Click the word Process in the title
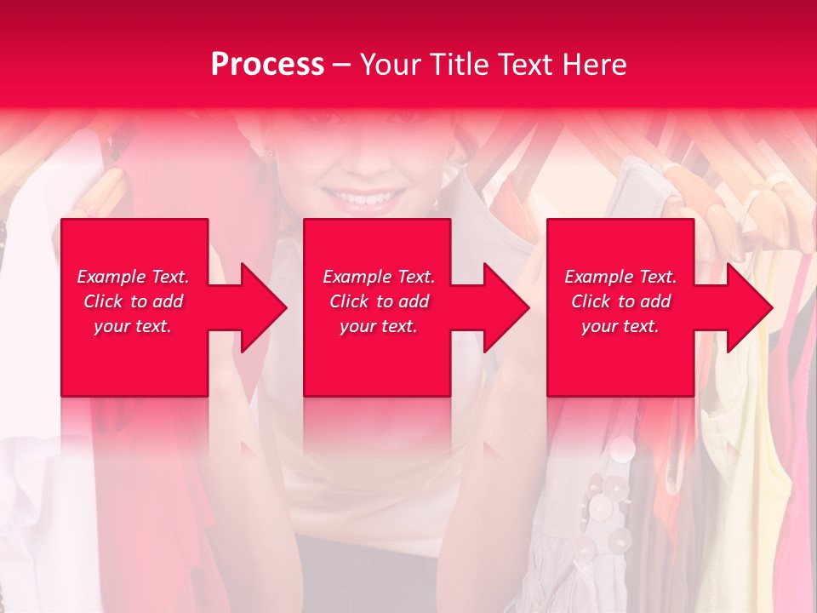tap(267, 65)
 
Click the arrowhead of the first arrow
tap(264, 307)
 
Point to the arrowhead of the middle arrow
tap(506, 307)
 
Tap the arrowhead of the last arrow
tap(749, 307)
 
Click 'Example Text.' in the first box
tap(133, 277)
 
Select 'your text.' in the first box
tap(133, 326)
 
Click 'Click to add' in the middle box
tap(379, 301)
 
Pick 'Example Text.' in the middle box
tap(379, 277)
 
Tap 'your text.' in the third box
tap(620, 326)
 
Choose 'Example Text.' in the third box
tap(620, 277)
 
